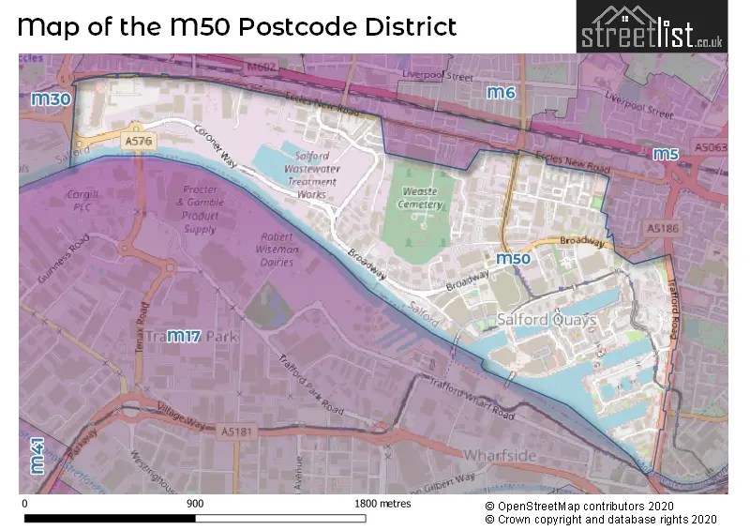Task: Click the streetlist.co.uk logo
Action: tap(652, 26)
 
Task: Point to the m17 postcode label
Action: tap(185, 337)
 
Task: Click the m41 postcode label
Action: tap(37, 455)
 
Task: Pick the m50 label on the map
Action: tap(514, 259)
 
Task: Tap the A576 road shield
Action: tap(137, 140)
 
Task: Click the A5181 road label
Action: tap(240, 431)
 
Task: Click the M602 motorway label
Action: tap(262, 67)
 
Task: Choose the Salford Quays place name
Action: tap(547, 320)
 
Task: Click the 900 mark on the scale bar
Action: tap(195, 504)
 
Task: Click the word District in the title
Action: tap(400, 25)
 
